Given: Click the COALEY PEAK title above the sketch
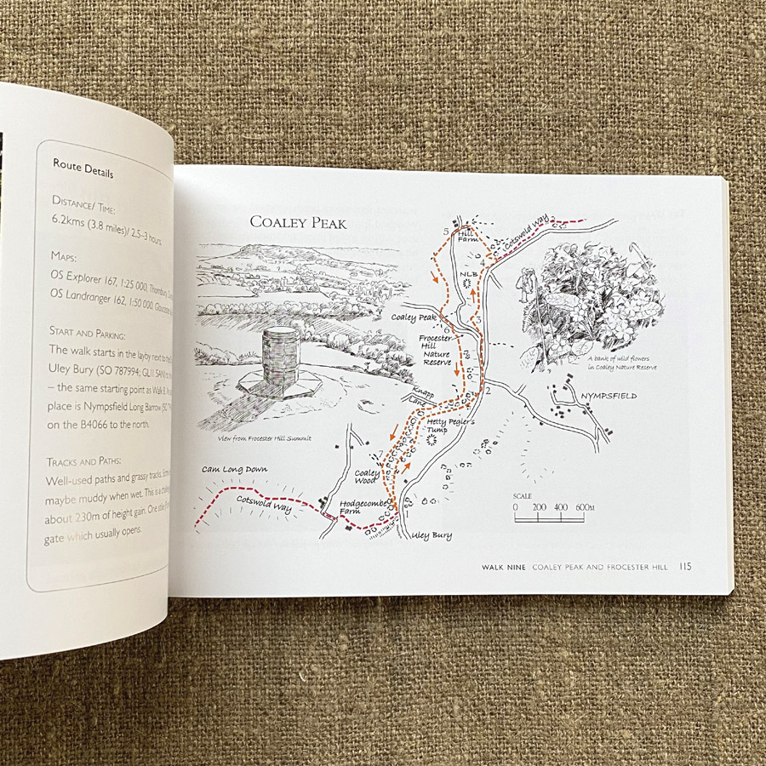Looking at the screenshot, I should point(298,222).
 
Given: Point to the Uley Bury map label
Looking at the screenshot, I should point(431,535).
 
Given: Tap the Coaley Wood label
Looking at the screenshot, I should point(367,480).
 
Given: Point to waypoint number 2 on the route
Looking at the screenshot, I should point(487,391).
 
